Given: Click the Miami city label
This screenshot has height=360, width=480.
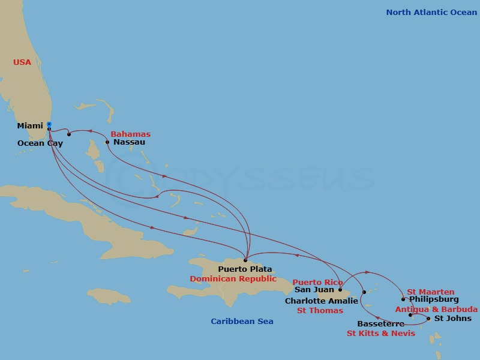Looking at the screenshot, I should coord(30,126).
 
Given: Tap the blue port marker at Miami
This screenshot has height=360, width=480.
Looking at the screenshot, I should coord(49,125).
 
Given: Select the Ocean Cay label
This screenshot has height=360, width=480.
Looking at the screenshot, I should coord(40,143).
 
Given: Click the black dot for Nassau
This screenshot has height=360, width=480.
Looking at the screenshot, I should coord(107,142).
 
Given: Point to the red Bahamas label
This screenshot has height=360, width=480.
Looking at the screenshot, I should coord(131,134).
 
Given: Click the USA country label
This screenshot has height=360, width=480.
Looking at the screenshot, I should coord(22,62).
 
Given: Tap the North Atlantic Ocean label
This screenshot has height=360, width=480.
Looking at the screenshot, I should coord(431,12).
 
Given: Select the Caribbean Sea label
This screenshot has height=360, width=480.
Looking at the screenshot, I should coord(242,322).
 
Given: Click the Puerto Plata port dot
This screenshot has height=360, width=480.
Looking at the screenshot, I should coord(245,260).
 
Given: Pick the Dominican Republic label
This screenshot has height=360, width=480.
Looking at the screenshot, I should coord(233,279).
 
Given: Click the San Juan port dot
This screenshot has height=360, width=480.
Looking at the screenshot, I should coord(340,290).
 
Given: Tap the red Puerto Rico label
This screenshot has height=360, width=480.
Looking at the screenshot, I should coord(317,282).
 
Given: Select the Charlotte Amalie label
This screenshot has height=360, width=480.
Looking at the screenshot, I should coord(322,301).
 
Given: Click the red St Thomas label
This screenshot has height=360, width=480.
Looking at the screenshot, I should coord(320,311).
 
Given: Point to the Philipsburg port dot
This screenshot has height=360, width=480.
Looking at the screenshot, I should coord(403,299).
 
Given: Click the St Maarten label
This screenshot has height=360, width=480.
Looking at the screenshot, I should coord(431,292).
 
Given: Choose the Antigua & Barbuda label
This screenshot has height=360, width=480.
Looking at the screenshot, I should coord(436,310).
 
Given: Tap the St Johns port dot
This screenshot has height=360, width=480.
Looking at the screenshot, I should coord(428,319).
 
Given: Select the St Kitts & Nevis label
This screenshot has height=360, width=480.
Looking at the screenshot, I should coord(380,334).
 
